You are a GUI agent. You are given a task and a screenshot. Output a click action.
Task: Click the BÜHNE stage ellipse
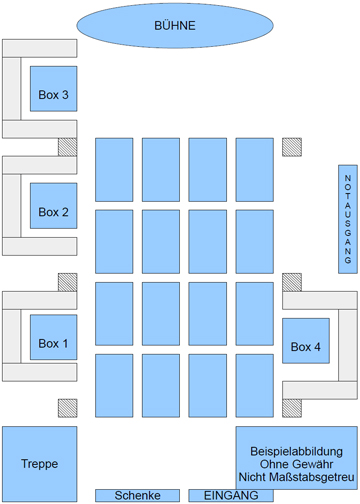(x=175, y=26)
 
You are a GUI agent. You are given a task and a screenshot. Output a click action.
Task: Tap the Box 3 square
(x=54, y=89)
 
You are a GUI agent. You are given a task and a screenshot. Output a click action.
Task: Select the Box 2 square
(x=54, y=206)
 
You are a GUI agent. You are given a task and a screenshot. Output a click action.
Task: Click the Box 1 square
(x=54, y=337)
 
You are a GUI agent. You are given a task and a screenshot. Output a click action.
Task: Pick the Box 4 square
(x=306, y=341)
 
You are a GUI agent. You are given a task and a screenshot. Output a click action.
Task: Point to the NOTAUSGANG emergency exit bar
(x=348, y=219)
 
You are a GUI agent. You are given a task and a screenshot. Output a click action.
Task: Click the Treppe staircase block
(x=40, y=464)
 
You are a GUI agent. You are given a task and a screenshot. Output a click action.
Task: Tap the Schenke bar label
(x=137, y=496)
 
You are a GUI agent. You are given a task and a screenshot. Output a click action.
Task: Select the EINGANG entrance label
(x=231, y=496)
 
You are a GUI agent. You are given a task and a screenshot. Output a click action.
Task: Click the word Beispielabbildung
(x=296, y=451)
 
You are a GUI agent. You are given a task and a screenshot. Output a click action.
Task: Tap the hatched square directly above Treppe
(x=68, y=408)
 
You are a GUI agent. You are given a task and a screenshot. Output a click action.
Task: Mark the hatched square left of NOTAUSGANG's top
(x=292, y=147)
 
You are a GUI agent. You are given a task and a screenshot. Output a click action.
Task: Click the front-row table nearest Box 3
(x=114, y=170)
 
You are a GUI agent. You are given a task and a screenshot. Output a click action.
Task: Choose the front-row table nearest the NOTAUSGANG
(x=255, y=170)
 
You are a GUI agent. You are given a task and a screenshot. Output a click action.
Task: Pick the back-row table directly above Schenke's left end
(x=114, y=386)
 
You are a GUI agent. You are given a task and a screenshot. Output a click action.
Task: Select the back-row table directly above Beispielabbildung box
(x=255, y=386)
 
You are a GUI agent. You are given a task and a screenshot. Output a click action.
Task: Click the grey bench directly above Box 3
(x=40, y=48)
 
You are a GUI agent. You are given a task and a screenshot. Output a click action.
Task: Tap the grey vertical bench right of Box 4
(x=348, y=345)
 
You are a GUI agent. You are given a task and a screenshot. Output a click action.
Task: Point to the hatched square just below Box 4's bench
(x=292, y=408)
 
